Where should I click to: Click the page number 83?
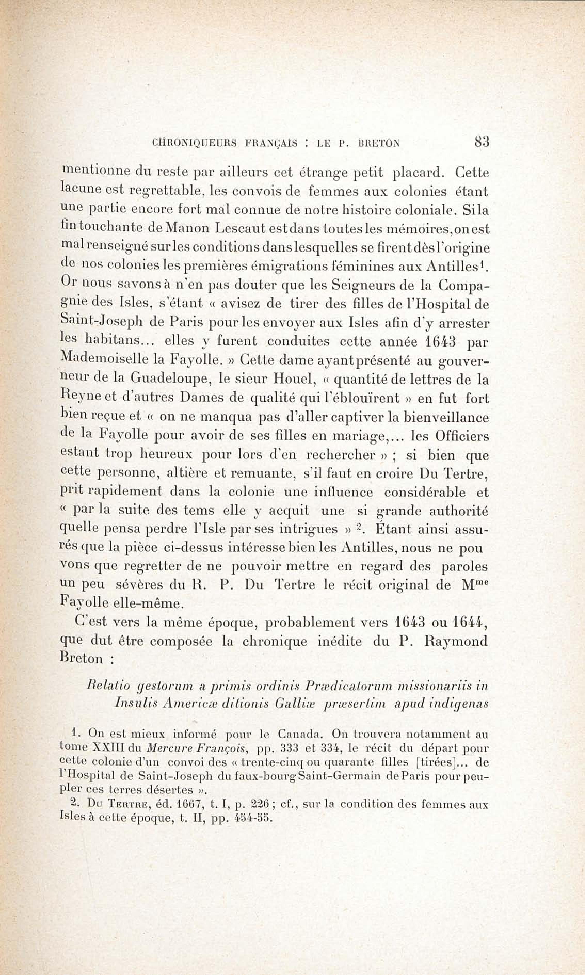pyautogui.click(x=482, y=141)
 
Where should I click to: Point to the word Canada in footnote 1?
pyautogui.click(x=301, y=734)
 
